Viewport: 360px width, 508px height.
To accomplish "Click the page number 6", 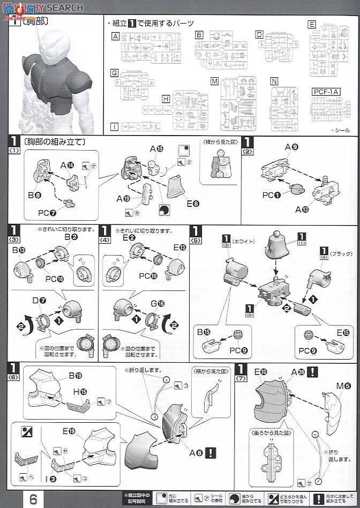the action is click(33, 499).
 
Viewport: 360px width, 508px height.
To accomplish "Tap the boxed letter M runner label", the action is click(214, 81).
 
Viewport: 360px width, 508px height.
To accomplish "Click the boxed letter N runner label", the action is click(274, 81).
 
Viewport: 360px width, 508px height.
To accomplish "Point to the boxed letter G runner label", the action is click(114, 73).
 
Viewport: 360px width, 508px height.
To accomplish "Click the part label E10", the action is click(261, 371).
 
